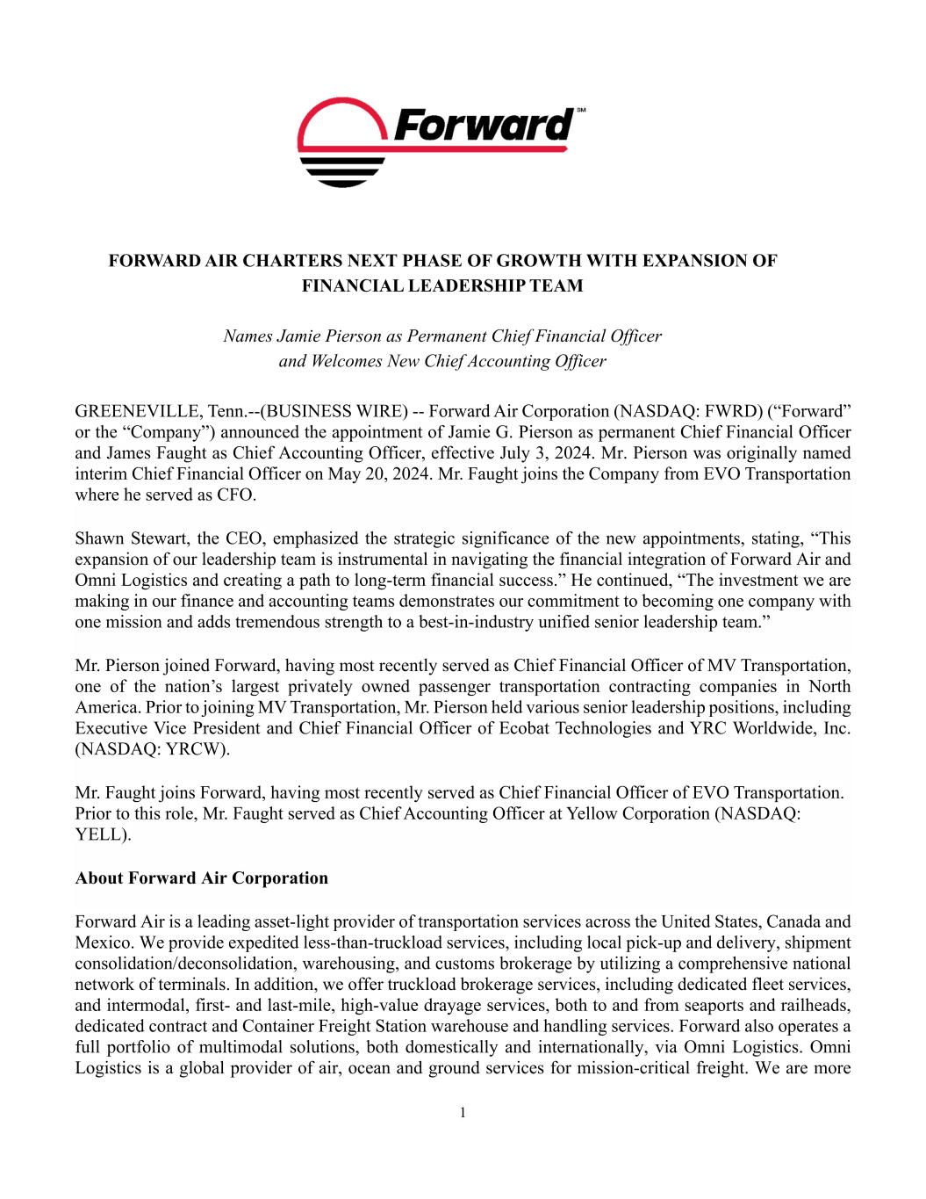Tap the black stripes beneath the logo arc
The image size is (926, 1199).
pyautogui.click(x=342, y=171)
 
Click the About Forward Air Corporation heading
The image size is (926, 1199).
pyautogui.click(x=202, y=878)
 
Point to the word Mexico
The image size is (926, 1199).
pyautogui.click(x=104, y=943)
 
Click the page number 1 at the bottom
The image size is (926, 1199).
pyautogui.click(x=463, y=1114)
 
